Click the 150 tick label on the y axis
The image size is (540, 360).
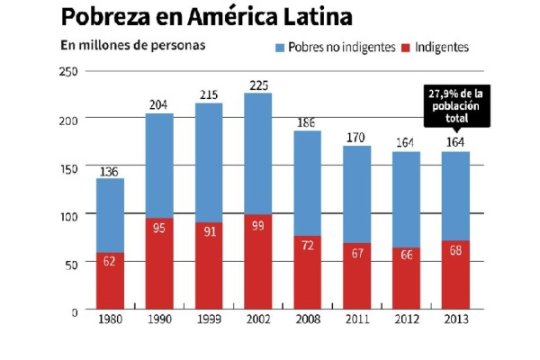pos(67,166)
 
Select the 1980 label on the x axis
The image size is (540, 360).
pos(110,321)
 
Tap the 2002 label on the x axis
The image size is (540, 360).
pos(257,321)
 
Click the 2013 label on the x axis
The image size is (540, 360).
pos(454,321)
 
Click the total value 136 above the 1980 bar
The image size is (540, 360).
pos(110,170)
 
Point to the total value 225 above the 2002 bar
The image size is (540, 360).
pos(257,85)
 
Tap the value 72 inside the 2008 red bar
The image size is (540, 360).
pos(307,244)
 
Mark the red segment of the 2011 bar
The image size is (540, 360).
pos(356,276)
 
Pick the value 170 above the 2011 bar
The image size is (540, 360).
pos(356,139)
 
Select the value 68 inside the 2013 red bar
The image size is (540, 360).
pos(454,249)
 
